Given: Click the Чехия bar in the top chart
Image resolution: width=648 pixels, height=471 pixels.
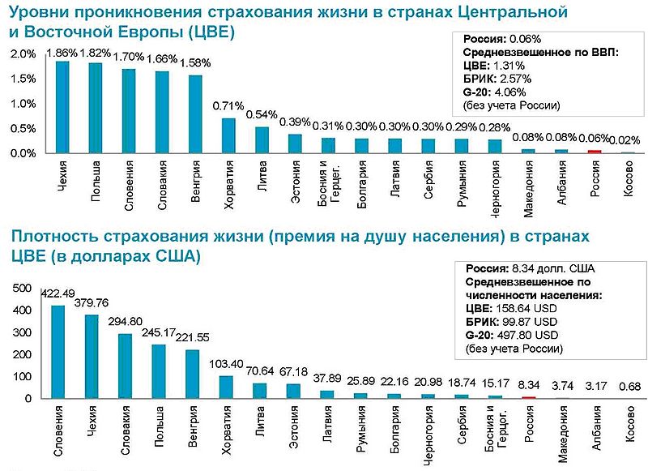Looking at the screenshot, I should pyautogui.click(x=62, y=107).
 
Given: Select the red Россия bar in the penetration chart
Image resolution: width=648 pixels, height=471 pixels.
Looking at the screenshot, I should pyautogui.click(x=595, y=151).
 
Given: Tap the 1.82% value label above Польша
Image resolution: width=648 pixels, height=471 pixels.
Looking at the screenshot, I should pyautogui.click(x=95, y=54).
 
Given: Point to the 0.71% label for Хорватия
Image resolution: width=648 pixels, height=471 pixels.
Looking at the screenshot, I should pyautogui.click(x=228, y=106).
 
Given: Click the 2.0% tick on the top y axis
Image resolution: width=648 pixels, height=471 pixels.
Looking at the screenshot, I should pyautogui.click(x=23, y=54).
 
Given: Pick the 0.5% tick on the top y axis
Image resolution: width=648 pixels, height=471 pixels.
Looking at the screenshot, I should pyautogui.click(x=23, y=129).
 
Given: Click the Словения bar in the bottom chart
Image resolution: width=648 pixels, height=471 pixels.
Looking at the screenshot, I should pyautogui.click(x=58, y=352).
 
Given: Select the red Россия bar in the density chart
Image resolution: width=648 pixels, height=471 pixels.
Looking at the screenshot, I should pyautogui.click(x=529, y=396).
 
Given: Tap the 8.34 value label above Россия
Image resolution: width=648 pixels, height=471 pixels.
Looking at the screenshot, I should pyautogui.click(x=529, y=385).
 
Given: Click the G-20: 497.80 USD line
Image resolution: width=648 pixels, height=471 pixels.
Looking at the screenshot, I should pyautogui.click(x=511, y=335).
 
